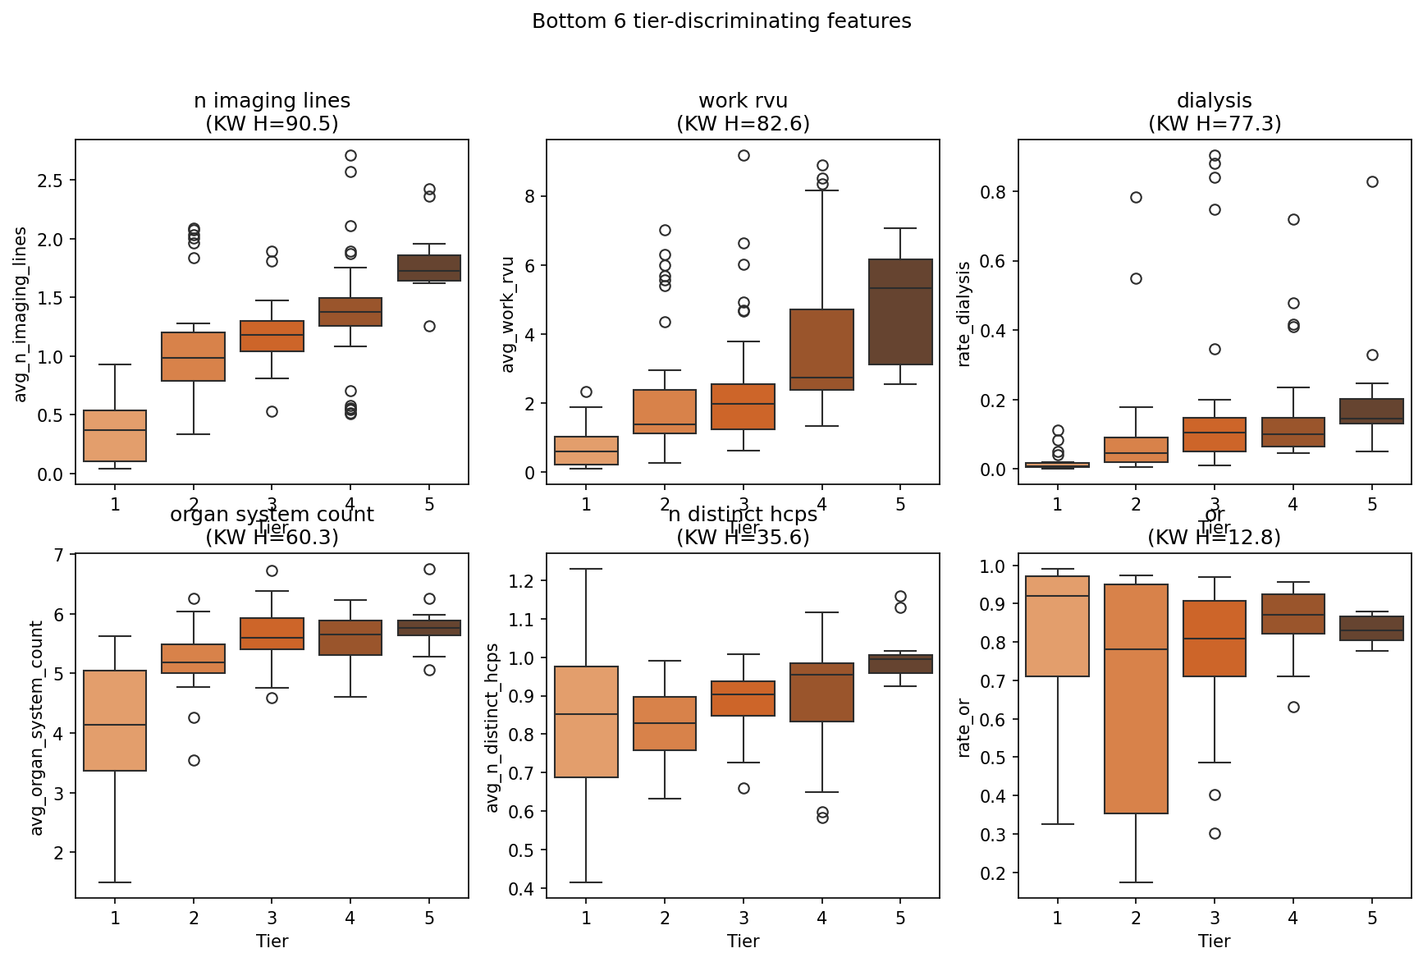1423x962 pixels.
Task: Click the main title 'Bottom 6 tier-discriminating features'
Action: [x=721, y=21]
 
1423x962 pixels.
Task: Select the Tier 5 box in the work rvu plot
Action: [x=900, y=312]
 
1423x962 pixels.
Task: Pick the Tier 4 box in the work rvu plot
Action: [x=821, y=350]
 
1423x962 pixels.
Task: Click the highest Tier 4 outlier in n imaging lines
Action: [x=350, y=155]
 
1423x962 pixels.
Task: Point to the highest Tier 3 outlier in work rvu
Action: [x=744, y=155]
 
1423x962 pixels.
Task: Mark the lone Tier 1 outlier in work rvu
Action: [x=586, y=392]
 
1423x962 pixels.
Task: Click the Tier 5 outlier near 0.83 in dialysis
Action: [x=1372, y=181]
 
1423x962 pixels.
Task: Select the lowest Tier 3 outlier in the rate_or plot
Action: [x=1215, y=833]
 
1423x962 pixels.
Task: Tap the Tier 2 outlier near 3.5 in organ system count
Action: [x=194, y=760]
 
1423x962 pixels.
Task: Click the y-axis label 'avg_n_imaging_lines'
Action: [x=21, y=315]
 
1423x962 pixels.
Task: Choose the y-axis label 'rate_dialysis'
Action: [x=964, y=314]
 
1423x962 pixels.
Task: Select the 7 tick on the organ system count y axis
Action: [x=59, y=556]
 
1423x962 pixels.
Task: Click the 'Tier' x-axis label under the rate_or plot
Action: [x=1214, y=941]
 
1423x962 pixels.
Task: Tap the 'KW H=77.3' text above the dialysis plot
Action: [x=1214, y=124]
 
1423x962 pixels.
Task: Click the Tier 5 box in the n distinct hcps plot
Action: [x=900, y=664]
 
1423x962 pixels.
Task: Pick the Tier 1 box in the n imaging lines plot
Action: [x=115, y=436]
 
